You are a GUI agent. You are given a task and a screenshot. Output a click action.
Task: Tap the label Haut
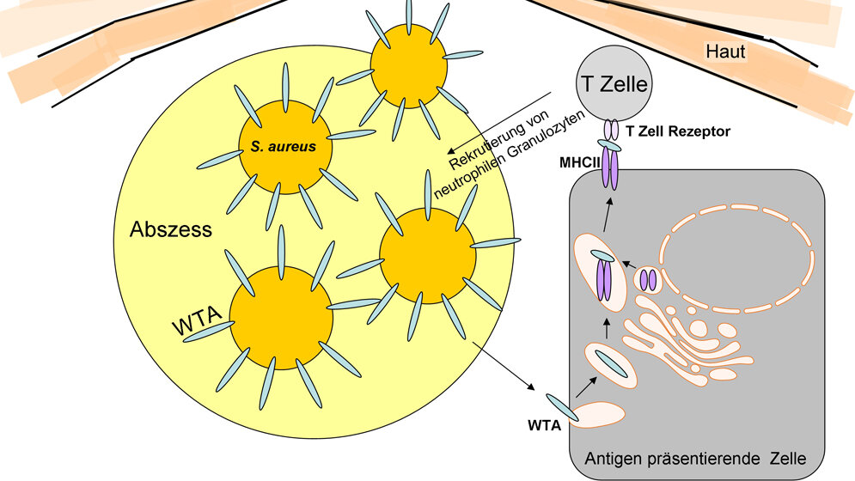coord(725,52)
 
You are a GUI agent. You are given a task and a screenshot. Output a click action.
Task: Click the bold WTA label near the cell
coord(545,424)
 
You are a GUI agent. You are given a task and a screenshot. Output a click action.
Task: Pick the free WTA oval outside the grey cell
coord(564,405)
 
